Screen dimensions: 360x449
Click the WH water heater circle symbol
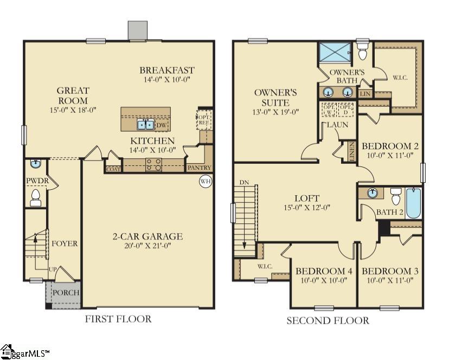point(205,181)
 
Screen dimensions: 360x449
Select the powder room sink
point(36,164)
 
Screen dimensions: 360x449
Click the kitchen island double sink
point(145,125)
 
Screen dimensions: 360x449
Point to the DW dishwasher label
point(162,125)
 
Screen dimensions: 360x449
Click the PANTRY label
point(199,168)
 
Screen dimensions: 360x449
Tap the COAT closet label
point(113,169)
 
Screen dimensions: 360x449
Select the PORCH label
point(66,293)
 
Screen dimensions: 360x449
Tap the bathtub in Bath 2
point(413,203)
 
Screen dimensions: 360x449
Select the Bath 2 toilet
point(395,195)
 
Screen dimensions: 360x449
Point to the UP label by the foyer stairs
point(52,269)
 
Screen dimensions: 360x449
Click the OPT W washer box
point(328,109)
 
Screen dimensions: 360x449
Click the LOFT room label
point(307,198)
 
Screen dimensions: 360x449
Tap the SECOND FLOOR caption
point(328,320)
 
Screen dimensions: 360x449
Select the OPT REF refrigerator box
point(204,119)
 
